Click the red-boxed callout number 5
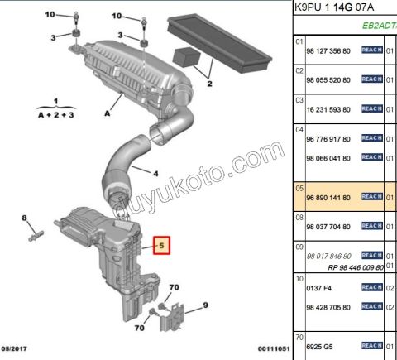162,246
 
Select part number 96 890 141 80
328,198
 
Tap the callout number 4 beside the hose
155,173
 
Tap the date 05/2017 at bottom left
17,350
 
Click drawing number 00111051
269,350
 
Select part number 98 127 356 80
328,50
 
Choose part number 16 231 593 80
328,108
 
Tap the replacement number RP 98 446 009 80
356,267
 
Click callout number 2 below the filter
210,84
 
